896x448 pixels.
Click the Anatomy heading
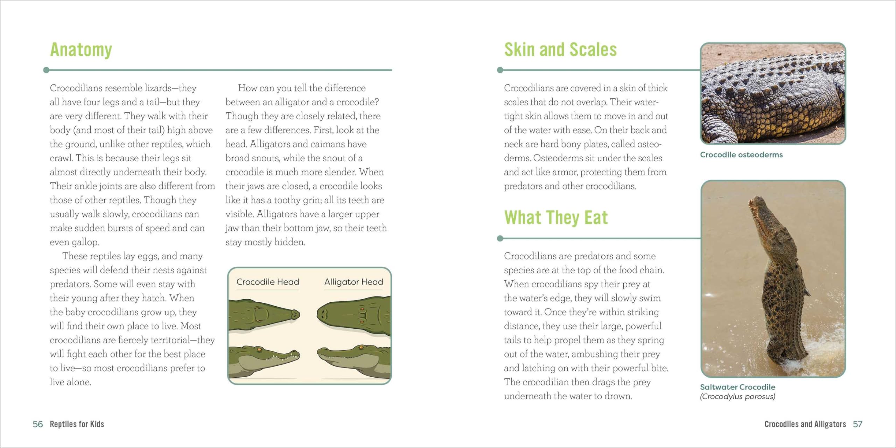81,50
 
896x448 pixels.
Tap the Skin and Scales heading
560,50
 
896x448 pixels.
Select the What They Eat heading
556,218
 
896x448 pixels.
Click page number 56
37,424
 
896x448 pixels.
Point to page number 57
857,424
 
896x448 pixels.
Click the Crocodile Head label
268,282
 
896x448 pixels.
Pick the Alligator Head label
353,282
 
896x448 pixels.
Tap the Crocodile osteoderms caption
741,155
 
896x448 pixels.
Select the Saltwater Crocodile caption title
737,387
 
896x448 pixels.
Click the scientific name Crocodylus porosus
737,397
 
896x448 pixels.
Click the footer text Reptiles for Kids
77,424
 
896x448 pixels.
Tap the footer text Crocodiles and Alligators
805,424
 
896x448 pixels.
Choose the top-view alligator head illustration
353,315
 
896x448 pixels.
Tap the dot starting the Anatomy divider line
46,70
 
